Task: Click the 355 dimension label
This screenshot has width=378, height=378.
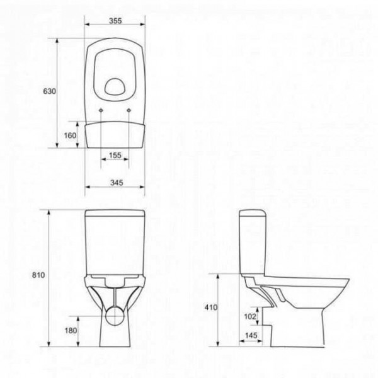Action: (x=114, y=21)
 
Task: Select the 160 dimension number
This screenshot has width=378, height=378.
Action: (x=70, y=135)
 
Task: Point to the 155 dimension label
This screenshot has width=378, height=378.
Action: (x=114, y=155)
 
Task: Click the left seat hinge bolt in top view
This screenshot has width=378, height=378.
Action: (x=101, y=110)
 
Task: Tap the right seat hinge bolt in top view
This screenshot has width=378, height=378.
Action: (x=129, y=110)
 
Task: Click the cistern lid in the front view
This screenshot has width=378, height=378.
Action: (x=114, y=212)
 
